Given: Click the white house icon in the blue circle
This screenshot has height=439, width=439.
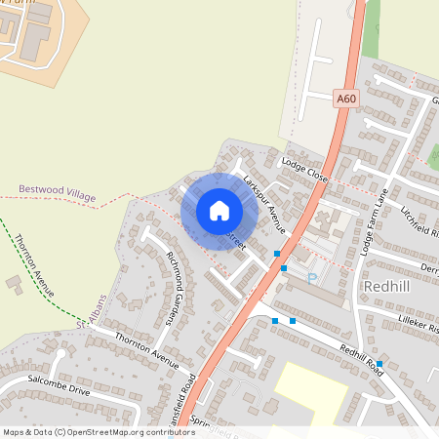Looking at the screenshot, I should point(219,210).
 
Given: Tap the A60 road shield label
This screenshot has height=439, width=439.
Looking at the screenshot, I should point(346,98).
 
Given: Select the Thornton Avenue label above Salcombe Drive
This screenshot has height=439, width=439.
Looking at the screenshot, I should point(147,349).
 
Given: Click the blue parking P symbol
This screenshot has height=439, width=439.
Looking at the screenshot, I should point(312,276).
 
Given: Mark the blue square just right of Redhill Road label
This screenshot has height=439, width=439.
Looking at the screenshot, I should point(379,364).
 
